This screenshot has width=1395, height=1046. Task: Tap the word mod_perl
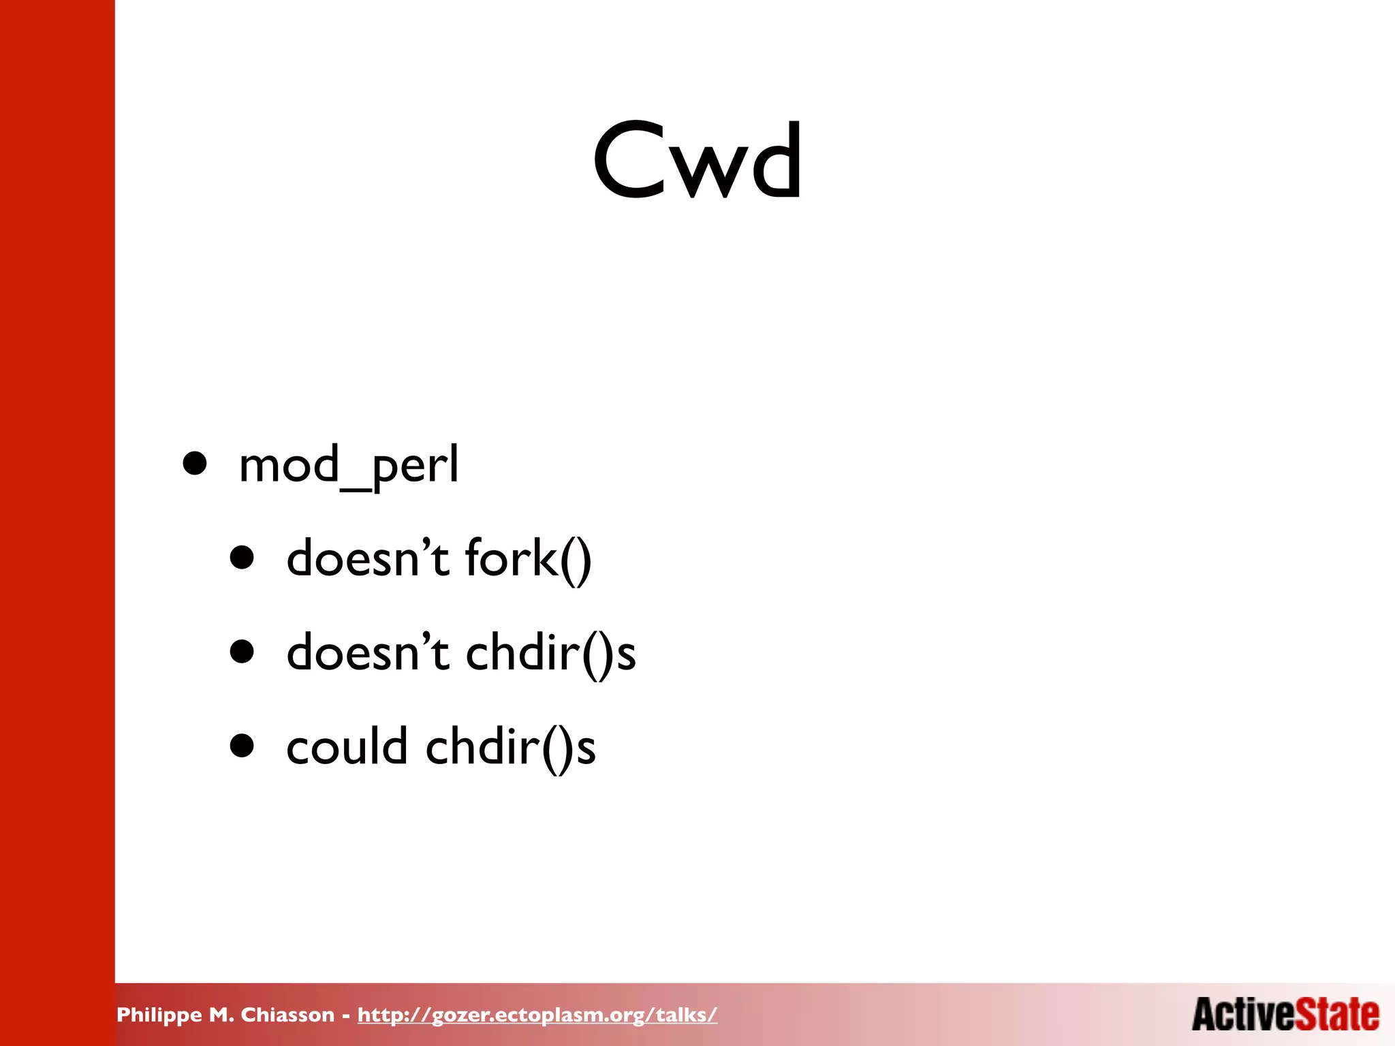pos(349,466)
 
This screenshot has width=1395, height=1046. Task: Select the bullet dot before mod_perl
pos(195,463)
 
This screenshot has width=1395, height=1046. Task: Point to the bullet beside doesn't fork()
pos(242,557)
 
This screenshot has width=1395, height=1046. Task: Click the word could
pos(347,746)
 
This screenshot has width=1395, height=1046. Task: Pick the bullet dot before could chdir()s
pos(242,745)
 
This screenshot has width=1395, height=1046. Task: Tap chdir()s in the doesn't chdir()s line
pos(550,652)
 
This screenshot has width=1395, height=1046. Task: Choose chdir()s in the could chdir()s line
pos(511,746)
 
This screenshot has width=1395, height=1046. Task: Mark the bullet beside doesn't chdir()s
pos(242,651)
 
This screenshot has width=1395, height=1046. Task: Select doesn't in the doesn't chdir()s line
pos(368,652)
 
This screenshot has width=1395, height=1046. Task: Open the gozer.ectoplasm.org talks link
pos(537,1015)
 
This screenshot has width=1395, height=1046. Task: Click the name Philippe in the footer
pos(159,1015)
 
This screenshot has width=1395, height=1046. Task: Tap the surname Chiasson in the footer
pos(287,1015)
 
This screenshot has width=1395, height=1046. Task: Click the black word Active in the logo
pos(1243,1014)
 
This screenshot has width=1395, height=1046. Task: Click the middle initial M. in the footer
pos(221,1015)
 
